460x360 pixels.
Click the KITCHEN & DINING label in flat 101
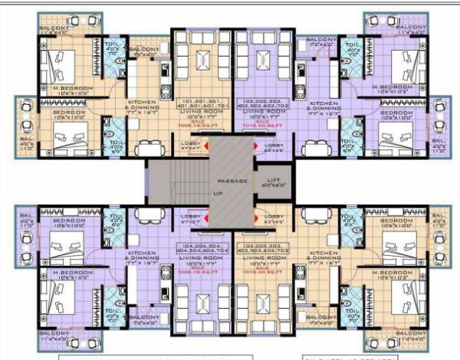click(x=143, y=105)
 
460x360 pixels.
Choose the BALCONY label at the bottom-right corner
click(x=406, y=337)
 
